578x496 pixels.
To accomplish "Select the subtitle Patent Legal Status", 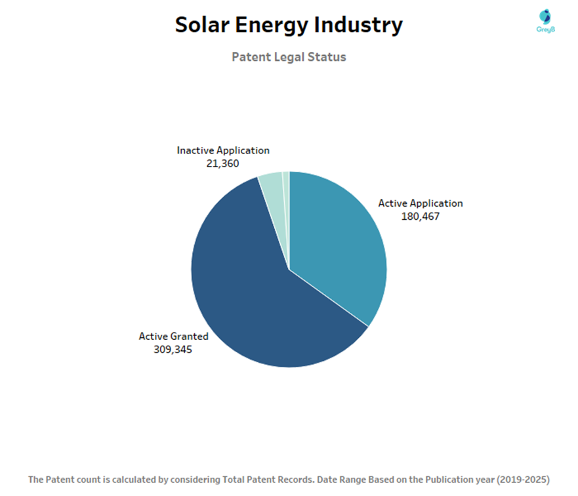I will tap(289, 57).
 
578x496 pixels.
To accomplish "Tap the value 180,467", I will tap(420, 216).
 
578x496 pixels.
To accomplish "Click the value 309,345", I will tap(173, 349).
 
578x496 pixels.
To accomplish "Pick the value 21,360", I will tap(223, 163).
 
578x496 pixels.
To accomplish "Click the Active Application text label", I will tap(420, 203).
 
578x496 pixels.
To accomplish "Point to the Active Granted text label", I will tap(173, 337).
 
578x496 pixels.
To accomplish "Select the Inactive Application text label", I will tap(223, 150).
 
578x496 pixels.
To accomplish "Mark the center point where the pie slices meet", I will tap(289, 269).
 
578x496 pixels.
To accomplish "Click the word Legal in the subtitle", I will tap(289, 57).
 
